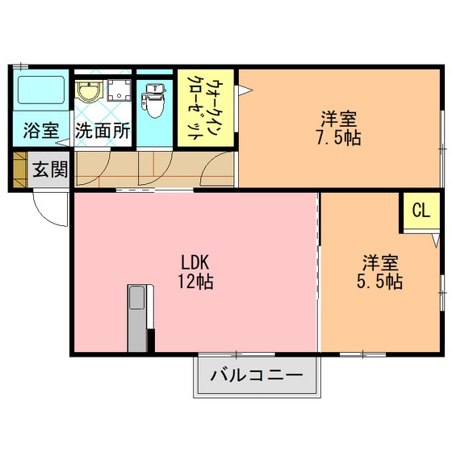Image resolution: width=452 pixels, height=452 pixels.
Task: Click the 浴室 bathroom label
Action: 41,131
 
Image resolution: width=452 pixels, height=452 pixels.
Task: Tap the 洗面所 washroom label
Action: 103,131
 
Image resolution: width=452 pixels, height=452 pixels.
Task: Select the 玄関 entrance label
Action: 50,169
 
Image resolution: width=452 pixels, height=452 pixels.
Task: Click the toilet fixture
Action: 155,100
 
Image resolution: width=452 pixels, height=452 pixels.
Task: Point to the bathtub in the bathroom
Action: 41,90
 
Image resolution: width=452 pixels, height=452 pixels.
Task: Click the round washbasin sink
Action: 90,91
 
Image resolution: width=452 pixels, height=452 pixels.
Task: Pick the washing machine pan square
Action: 119,90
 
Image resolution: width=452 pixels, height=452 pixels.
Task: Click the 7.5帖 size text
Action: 339,137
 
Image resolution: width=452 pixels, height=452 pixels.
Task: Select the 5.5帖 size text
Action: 380,281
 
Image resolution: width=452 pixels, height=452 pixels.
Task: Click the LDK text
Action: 195,262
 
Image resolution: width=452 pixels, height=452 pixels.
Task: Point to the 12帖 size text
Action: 195,281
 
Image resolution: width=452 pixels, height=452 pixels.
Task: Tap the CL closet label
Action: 421,210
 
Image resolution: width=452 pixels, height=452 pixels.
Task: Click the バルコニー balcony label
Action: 257,375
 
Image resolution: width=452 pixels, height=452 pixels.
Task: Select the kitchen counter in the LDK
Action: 140,318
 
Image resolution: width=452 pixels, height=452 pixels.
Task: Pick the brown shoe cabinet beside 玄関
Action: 20,169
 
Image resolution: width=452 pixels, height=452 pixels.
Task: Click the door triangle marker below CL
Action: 436,241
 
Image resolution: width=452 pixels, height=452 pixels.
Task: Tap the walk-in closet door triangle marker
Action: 245,90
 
